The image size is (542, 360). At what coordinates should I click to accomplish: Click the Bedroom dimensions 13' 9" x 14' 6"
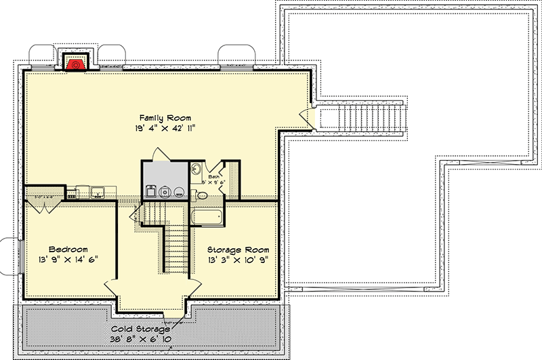point(68,260)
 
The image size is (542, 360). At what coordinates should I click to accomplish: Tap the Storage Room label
point(238,249)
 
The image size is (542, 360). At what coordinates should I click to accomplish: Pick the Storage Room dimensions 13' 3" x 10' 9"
point(238,260)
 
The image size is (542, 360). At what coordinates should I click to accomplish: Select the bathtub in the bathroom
point(209,216)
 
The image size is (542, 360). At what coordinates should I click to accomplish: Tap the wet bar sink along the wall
point(97,191)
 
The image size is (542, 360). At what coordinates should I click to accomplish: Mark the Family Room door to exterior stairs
point(311,119)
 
